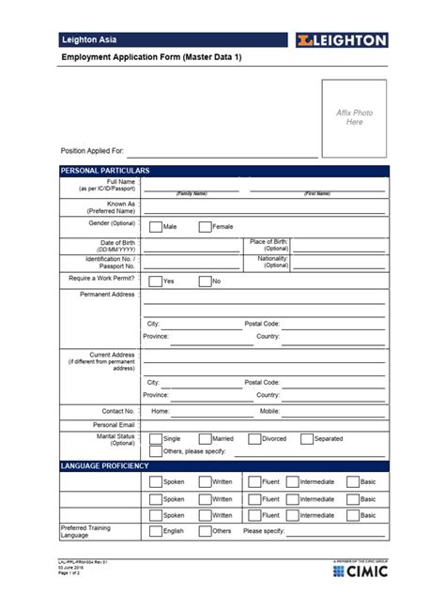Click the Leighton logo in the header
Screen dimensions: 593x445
[x=340, y=40]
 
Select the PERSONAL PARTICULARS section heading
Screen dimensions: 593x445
[x=105, y=171]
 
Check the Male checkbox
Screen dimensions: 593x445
[x=156, y=226]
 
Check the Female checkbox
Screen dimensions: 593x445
[x=205, y=226]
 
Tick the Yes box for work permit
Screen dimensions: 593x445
[x=156, y=281]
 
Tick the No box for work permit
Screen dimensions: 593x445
[x=205, y=281]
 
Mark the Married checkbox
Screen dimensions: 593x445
[x=205, y=438]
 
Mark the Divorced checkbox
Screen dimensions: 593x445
[x=254, y=438]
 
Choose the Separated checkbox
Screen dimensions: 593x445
[x=307, y=438]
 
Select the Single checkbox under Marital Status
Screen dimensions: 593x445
[x=156, y=438]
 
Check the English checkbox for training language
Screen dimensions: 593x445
[x=156, y=531]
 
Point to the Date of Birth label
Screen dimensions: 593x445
[x=114, y=246]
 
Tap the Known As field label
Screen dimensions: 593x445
[x=117, y=207]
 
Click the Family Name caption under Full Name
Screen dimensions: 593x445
[x=192, y=193]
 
